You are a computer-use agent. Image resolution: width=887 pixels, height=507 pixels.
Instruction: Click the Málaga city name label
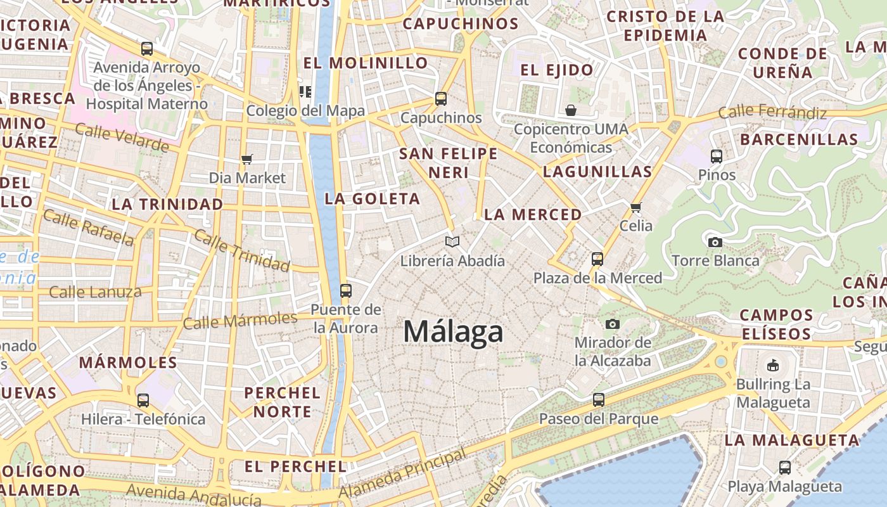[x=453, y=332]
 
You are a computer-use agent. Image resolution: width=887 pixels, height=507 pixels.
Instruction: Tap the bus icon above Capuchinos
[x=441, y=99]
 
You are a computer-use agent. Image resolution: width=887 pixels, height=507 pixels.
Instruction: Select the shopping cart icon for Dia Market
[x=247, y=160]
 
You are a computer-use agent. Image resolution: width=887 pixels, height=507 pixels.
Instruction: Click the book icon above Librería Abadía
[x=452, y=241]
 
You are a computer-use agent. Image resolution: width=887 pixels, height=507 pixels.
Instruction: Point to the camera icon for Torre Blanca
[x=715, y=242]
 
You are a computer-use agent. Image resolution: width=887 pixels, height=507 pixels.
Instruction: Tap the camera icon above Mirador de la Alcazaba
[x=612, y=324]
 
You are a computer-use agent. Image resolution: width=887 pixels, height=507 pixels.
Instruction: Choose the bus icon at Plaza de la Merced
[x=597, y=259]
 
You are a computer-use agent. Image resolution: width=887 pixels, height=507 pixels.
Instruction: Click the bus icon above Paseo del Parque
[x=599, y=400]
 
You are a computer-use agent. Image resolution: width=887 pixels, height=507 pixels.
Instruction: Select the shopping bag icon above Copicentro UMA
[x=571, y=111]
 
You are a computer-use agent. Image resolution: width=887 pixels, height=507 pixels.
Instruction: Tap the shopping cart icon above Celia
[x=636, y=207]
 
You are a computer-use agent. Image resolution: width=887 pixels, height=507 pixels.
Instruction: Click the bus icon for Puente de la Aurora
[x=345, y=291]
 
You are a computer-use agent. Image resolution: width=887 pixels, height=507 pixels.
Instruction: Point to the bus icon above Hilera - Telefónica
[x=143, y=401]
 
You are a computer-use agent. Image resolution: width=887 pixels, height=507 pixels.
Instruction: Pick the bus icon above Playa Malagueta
[x=785, y=468]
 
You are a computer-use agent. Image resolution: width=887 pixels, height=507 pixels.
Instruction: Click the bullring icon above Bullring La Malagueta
[x=773, y=365]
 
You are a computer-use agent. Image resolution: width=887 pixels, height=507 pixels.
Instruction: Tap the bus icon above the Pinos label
[x=717, y=156]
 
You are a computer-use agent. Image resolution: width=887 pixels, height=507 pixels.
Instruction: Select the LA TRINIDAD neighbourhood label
[x=167, y=204]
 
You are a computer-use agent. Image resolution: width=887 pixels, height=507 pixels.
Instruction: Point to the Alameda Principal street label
[x=403, y=473]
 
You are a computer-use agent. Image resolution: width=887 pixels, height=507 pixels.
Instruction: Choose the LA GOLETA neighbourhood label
[x=372, y=198]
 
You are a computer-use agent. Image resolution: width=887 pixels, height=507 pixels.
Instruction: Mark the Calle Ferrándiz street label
[x=772, y=113]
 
